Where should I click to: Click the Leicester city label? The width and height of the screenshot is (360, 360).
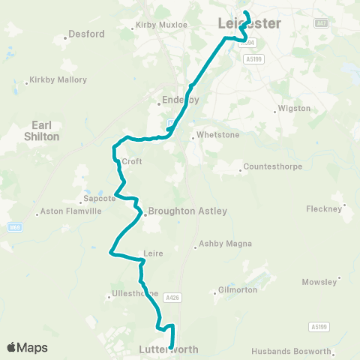point(250,23)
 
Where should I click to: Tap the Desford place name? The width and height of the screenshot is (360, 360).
point(86,34)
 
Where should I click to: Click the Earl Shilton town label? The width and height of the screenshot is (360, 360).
point(46,131)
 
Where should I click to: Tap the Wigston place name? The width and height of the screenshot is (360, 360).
point(294,108)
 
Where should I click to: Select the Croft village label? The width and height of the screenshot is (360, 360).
point(132,161)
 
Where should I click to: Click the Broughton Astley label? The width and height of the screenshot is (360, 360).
point(187,211)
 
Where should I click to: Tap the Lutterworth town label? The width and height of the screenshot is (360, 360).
point(168,349)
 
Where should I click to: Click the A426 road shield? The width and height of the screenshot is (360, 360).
point(173,298)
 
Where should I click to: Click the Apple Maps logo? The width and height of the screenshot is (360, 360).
point(27,347)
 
